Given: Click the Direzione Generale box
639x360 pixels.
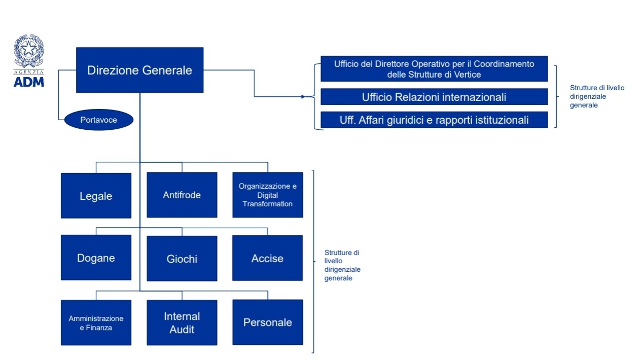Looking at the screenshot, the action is (140, 70).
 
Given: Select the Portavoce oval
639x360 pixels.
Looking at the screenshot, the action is (99, 120).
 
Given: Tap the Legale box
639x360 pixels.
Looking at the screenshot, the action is (96, 196).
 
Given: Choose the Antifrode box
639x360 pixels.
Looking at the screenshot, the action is (182, 195).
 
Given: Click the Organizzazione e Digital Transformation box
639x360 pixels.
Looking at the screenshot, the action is (268, 195).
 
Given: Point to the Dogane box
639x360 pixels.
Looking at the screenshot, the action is (96, 258).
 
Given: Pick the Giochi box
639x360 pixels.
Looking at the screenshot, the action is (182, 259).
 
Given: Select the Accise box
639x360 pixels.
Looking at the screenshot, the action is (267, 258).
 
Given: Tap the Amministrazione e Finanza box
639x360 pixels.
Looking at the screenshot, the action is (96, 322).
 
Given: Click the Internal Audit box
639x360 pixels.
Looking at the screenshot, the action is (182, 322).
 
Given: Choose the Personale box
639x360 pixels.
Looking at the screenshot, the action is (268, 322).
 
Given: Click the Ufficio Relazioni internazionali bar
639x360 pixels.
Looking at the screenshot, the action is (434, 97).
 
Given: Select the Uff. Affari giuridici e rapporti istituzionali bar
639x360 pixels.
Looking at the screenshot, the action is (434, 120).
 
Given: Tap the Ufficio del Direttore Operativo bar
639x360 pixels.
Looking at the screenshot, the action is (434, 69).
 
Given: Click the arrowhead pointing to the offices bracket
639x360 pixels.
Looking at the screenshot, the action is (303, 97).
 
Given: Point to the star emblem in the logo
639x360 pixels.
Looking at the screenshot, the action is (28, 49).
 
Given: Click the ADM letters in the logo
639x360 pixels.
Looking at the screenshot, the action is (29, 82).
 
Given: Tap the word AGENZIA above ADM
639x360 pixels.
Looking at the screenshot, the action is (29, 72).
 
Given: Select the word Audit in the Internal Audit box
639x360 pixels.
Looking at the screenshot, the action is (182, 330).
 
